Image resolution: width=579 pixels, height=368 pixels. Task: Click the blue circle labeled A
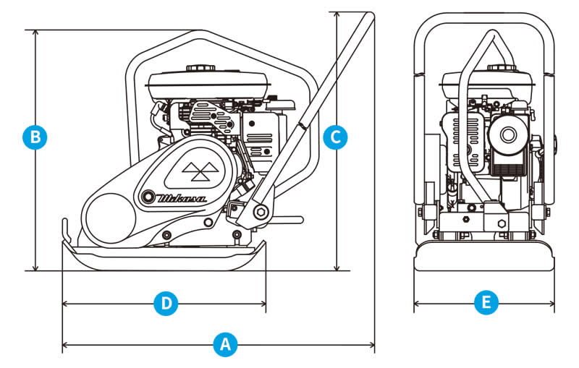tap(226, 344)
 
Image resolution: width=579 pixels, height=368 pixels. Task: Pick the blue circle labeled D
tap(166, 304)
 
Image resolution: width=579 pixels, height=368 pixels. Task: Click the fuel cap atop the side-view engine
tap(197, 69)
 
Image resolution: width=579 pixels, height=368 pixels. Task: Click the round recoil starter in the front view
tap(505, 134)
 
